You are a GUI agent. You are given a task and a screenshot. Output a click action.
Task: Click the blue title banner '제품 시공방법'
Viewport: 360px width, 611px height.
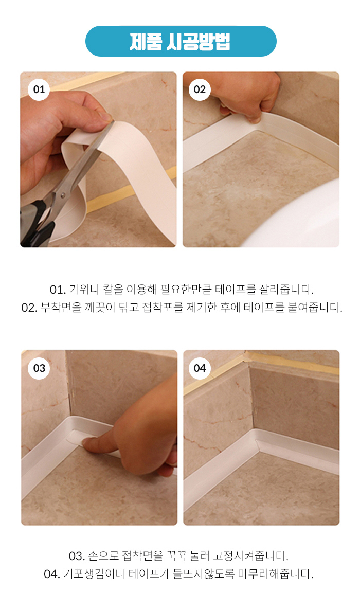[181, 41]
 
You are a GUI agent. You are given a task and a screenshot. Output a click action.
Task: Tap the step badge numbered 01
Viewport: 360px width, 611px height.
[39, 89]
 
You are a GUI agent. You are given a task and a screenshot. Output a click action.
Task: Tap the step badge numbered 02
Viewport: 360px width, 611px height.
[200, 89]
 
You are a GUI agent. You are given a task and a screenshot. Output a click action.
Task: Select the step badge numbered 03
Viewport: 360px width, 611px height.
[39, 368]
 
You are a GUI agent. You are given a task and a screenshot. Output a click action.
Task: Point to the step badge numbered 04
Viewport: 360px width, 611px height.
[200, 368]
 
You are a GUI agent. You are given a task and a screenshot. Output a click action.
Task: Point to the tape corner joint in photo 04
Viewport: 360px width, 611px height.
[255, 440]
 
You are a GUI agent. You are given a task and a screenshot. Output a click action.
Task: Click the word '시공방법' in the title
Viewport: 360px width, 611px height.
[199, 41]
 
